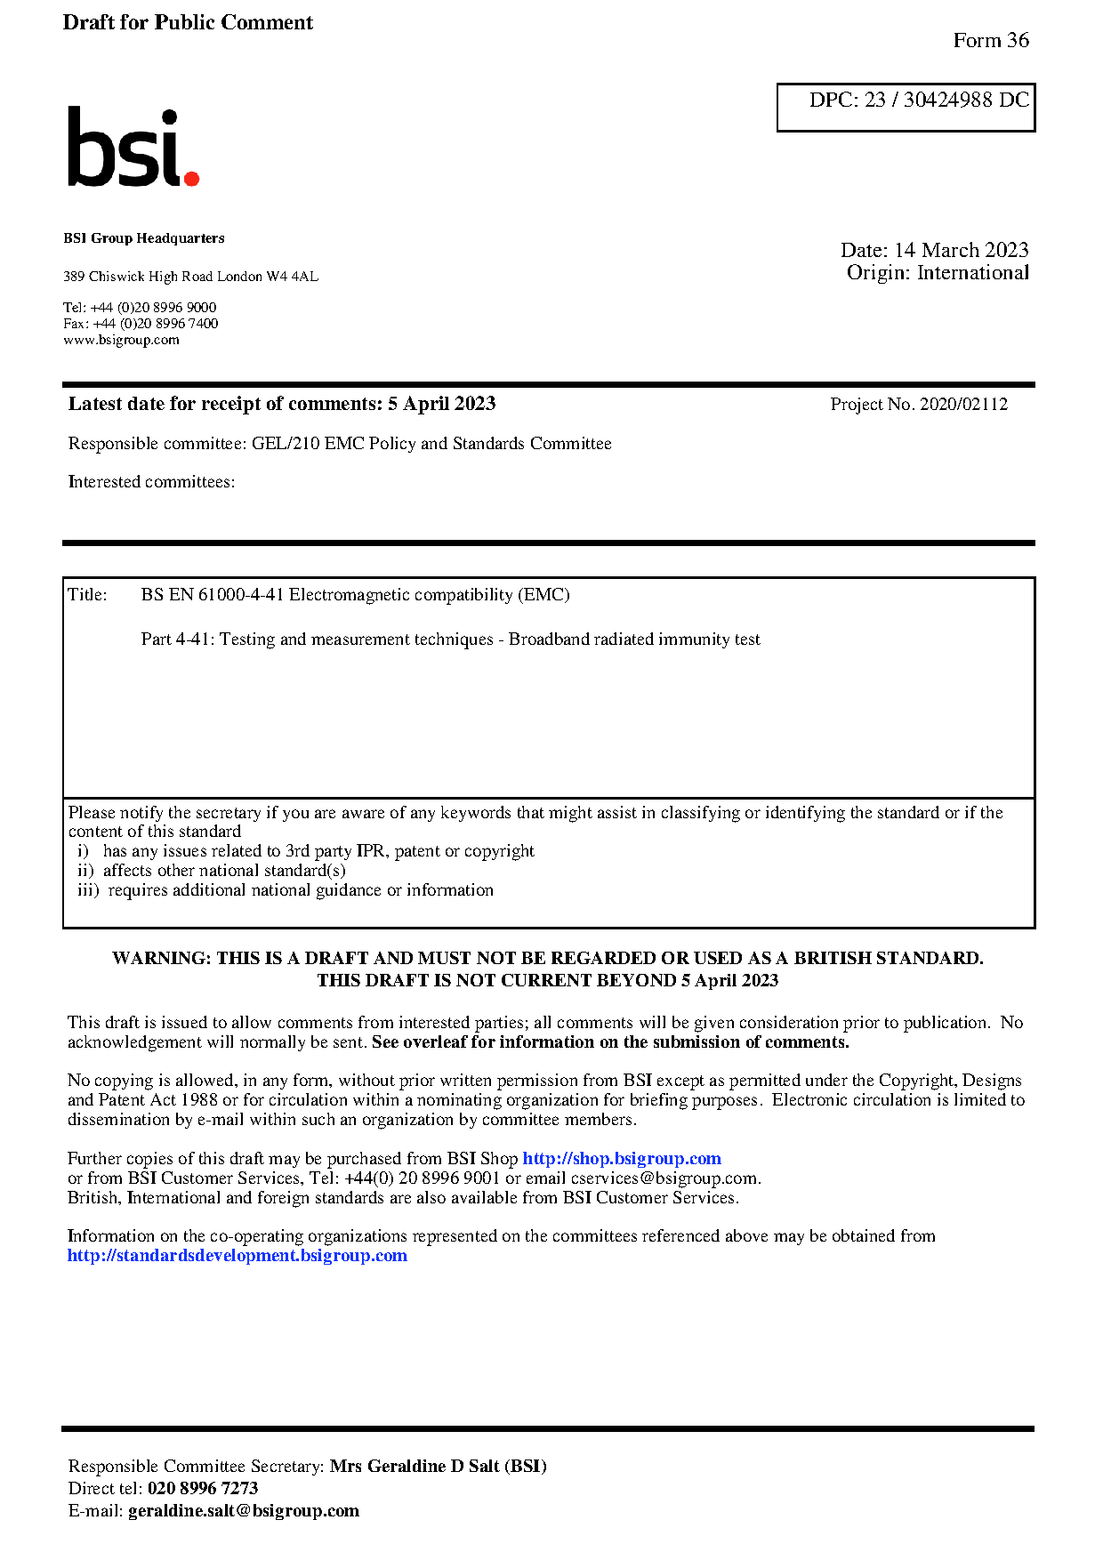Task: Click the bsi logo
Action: [x=133, y=148]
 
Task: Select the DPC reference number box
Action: [x=906, y=108]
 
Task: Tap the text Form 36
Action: [x=990, y=41]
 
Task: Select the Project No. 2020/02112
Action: [x=919, y=405]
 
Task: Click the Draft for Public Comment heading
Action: [x=188, y=23]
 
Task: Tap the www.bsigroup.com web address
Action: [x=121, y=340]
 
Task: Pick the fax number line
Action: [x=141, y=324]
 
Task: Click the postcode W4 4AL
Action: [x=292, y=277]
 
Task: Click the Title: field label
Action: [x=87, y=595]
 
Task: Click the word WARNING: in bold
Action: [x=162, y=959]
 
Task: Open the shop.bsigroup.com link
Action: [x=621, y=1159]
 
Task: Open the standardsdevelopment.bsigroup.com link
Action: [x=238, y=1256]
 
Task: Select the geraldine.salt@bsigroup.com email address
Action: [x=244, y=1511]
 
